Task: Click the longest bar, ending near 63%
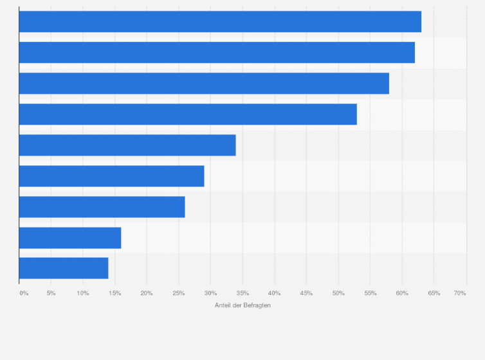(220, 22)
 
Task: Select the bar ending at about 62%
(217, 53)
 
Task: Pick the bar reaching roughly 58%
(204, 84)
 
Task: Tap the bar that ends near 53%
(188, 114)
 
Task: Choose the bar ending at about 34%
(127, 145)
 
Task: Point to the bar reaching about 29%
(111, 176)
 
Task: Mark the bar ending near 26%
(102, 207)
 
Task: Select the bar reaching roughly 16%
(70, 238)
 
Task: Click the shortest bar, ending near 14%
(64, 268)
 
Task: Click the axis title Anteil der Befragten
(243, 305)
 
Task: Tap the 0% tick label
(24, 293)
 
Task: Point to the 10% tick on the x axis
(83, 293)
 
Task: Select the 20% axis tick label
(147, 293)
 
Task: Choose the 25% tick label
(179, 293)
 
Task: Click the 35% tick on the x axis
(243, 293)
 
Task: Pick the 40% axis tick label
(275, 293)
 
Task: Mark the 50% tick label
(338, 293)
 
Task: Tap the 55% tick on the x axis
(370, 293)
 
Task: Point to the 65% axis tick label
(434, 293)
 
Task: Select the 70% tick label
(460, 293)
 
